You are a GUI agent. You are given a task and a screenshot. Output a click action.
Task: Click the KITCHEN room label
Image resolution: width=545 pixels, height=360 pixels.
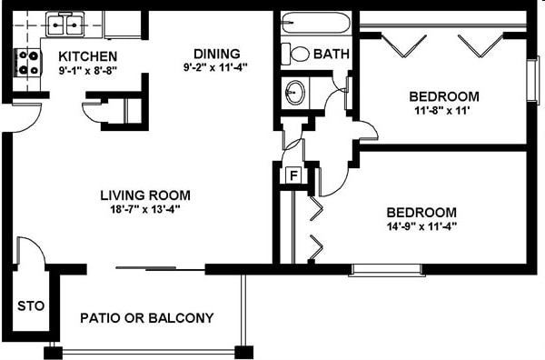pos(88,55)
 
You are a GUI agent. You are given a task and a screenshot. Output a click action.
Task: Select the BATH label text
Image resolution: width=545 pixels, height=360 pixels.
pos(331,55)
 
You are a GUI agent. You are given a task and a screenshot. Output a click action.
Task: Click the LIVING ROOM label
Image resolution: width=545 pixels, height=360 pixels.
pos(144,195)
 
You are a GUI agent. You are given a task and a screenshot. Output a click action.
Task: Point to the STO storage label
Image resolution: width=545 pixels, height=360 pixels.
pos(29,305)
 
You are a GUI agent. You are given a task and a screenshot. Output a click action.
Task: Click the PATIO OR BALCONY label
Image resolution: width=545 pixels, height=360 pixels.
pos(146,318)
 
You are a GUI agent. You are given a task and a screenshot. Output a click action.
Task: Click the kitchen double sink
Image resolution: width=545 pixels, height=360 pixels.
pos(65,24)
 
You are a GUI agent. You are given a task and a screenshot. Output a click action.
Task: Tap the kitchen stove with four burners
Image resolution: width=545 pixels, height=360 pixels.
pos(25,62)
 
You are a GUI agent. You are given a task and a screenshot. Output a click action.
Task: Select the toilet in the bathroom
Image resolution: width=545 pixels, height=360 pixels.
pos(295,53)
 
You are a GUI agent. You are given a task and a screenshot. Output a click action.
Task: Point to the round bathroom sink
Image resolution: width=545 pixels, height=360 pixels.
pos(295,91)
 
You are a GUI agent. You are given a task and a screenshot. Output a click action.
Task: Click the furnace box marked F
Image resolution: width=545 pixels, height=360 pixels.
pos(293,175)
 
